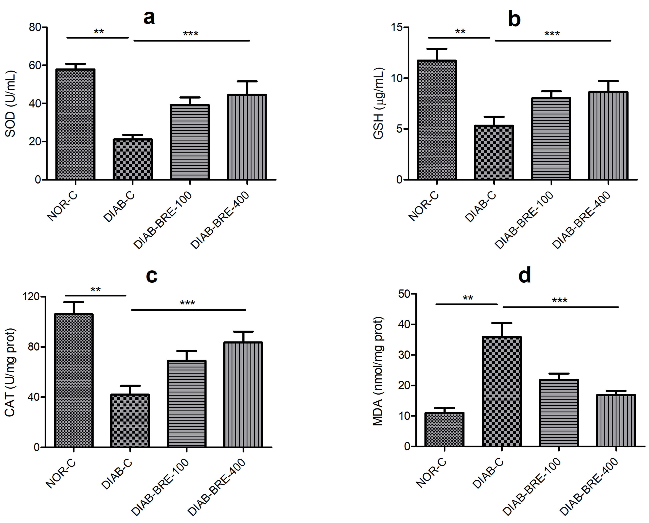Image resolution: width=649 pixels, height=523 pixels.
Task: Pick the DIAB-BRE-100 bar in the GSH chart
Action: click(551, 139)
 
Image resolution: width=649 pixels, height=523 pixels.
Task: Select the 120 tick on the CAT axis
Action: click(31, 296)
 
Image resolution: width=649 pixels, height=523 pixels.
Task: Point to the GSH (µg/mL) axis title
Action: click(379, 104)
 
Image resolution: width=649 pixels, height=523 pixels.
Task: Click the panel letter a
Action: click(149, 18)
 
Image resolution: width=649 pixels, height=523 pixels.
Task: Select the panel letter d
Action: click(525, 276)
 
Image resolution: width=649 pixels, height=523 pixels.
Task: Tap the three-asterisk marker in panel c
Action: click(187, 303)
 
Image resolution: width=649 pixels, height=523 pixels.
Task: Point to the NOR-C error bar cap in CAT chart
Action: click(73, 302)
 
